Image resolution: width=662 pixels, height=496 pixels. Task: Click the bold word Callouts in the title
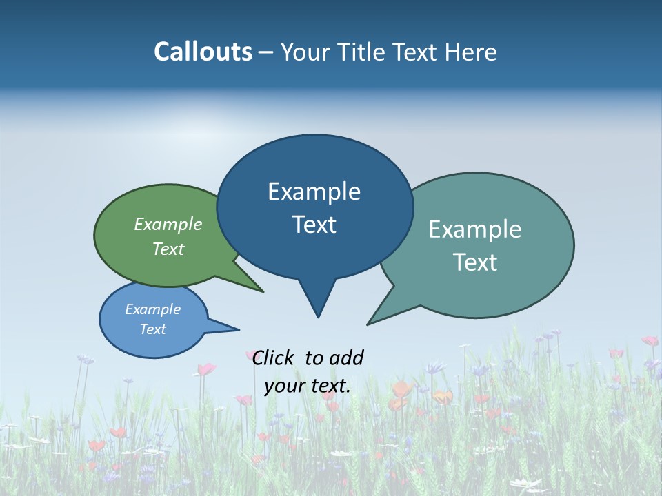(203, 52)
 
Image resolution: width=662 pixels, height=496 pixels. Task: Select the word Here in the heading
(472, 52)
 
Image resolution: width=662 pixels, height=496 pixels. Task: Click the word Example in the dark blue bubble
(314, 192)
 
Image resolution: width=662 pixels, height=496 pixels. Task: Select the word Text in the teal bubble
(475, 262)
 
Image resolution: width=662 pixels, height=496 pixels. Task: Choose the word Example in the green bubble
(168, 225)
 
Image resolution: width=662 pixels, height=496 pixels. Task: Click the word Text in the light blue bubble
(153, 329)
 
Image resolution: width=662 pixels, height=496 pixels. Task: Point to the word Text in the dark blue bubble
(314, 225)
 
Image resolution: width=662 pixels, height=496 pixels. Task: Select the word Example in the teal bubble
(475, 229)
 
